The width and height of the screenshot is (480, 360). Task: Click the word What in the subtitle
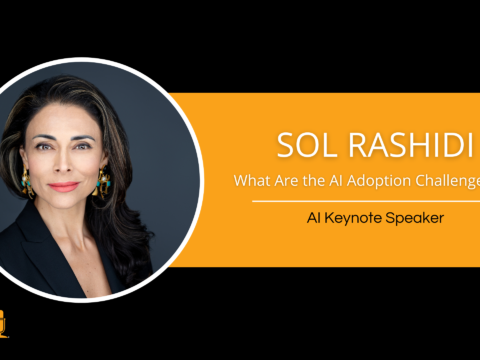pyautogui.click(x=251, y=181)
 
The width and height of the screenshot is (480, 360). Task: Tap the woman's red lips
pyautogui.click(x=64, y=186)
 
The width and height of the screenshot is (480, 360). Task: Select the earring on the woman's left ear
pyautogui.click(x=104, y=181)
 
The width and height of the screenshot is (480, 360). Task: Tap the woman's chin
pyautogui.click(x=63, y=206)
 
